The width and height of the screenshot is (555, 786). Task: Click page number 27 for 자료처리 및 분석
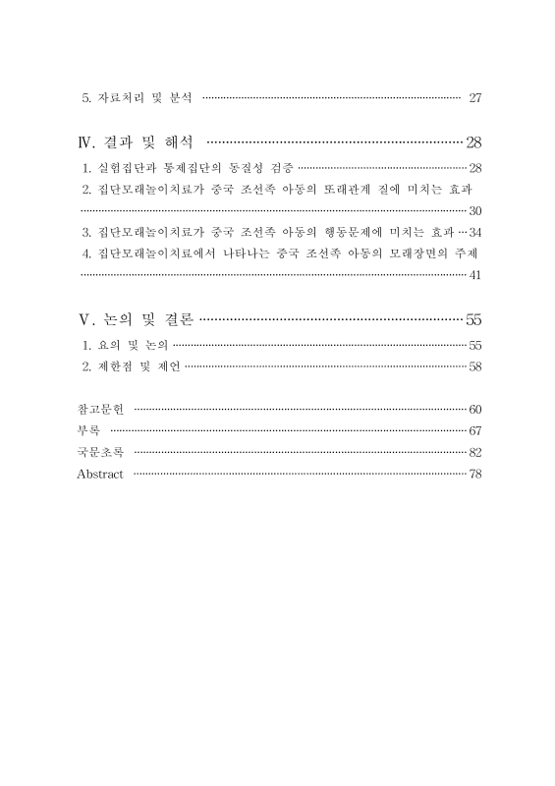pos(475,98)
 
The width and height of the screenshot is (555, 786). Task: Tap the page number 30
pos(475,211)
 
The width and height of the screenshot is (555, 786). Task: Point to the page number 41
pos(475,276)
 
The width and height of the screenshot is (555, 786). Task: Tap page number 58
pos(475,366)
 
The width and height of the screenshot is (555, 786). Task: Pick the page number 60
pos(475,409)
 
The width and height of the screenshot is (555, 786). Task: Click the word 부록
pos(88,430)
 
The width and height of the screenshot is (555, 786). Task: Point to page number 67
pos(475,430)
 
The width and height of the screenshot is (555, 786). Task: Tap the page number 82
pos(475,452)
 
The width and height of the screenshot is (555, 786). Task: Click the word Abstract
pos(100,474)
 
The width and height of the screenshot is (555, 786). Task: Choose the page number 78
pos(475,474)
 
